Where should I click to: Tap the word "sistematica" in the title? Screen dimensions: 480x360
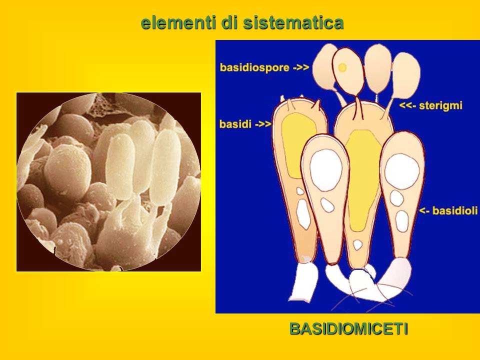click(293, 22)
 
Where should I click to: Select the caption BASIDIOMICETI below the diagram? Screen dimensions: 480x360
click(348, 329)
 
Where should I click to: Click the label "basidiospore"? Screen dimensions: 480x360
click(254, 67)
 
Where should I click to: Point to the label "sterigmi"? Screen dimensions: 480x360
click(440, 105)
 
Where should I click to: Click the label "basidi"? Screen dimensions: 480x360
click(235, 124)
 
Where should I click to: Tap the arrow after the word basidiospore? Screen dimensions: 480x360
click(301, 67)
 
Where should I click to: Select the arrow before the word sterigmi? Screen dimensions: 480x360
click(407, 105)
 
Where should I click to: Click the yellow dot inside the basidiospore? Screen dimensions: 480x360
click(342, 67)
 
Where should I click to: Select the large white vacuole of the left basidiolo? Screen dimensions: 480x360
click(326, 170)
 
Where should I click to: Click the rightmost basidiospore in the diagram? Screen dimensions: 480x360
click(406, 73)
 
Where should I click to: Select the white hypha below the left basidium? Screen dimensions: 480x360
click(304, 282)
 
